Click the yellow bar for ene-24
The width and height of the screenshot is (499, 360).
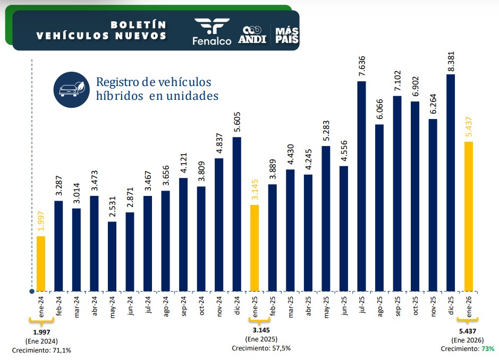[x=41, y=263]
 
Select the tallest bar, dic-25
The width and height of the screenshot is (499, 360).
[x=451, y=183]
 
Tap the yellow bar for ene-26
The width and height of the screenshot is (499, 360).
[x=469, y=216]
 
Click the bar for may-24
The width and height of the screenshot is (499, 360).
[x=112, y=256]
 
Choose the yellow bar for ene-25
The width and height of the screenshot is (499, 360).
[x=255, y=248]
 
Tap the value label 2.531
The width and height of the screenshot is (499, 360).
[x=112, y=207]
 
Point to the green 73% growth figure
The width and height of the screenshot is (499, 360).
[x=488, y=349]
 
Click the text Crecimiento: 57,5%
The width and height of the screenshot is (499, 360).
[x=261, y=348]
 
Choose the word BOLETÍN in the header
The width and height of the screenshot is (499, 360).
[x=138, y=24]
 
